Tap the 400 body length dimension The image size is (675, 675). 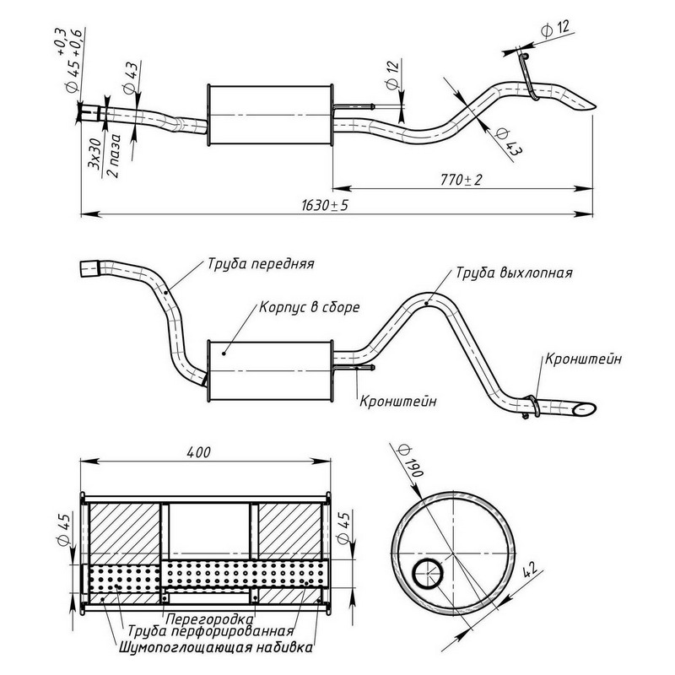(199, 452)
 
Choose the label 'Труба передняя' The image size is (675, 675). (260, 263)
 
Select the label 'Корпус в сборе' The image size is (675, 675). (310, 307)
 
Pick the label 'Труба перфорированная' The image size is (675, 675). (210, 632)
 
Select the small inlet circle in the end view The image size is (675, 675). (428, 575)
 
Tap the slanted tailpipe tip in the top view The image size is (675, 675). (583, 105)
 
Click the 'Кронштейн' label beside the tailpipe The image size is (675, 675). (584, 360)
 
